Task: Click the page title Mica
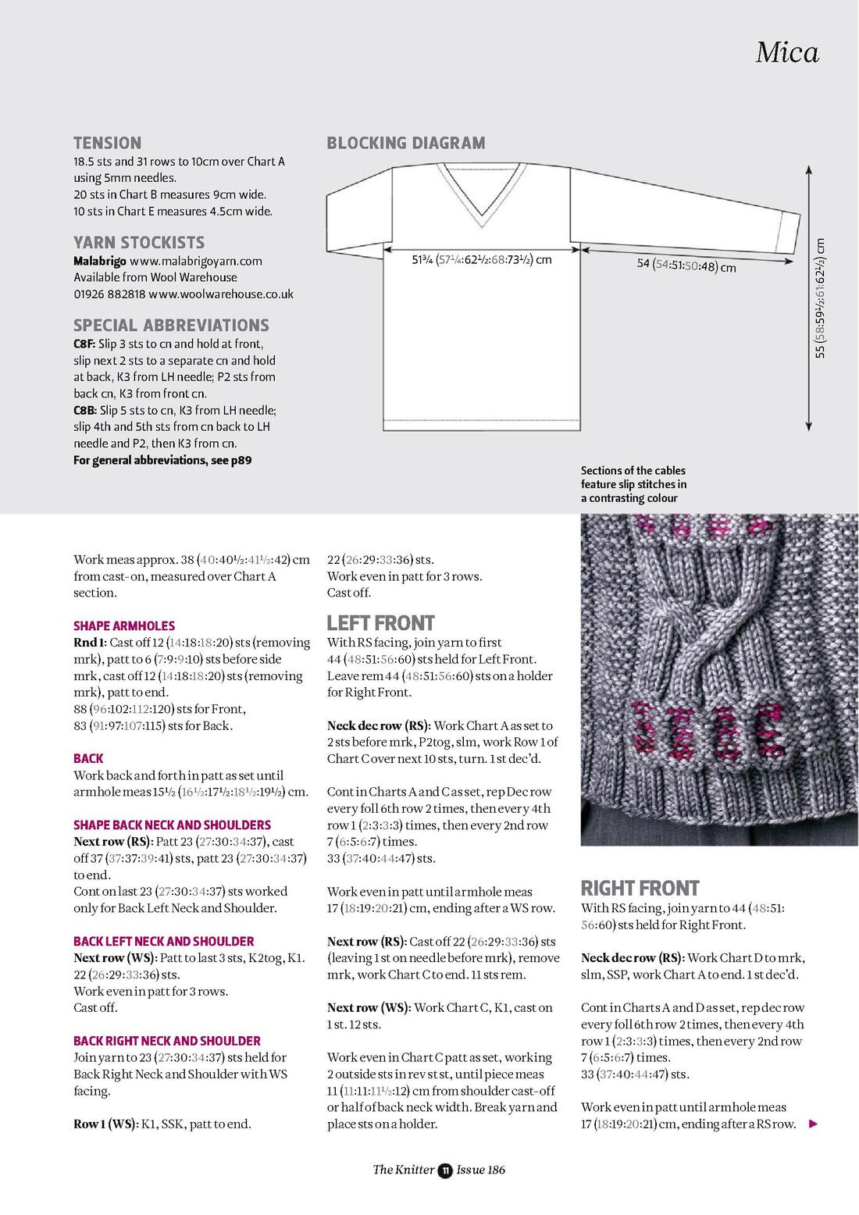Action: pos(787,52)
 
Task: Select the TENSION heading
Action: pos(108,143)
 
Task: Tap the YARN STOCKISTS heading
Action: pos(139,242)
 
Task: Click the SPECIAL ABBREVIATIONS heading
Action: pos(171,325)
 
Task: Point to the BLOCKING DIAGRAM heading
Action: pos(406,143)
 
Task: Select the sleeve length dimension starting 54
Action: pos(686,265)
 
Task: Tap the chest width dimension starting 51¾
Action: pos(482,260)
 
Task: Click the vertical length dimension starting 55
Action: pos(819,298)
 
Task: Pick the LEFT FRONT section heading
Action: pos(380,623)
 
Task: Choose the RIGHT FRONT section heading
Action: pos(640,888)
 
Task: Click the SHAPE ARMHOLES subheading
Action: pos(124,625)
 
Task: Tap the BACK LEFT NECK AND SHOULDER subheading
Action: pos(164,941)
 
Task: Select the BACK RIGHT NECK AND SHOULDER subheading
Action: pos(167,1041)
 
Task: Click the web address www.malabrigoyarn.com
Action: pos(196,261)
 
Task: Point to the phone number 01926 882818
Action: pos(109,294)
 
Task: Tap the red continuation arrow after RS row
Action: pos(813,1124)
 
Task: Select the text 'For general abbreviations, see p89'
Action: pos(162,460)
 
